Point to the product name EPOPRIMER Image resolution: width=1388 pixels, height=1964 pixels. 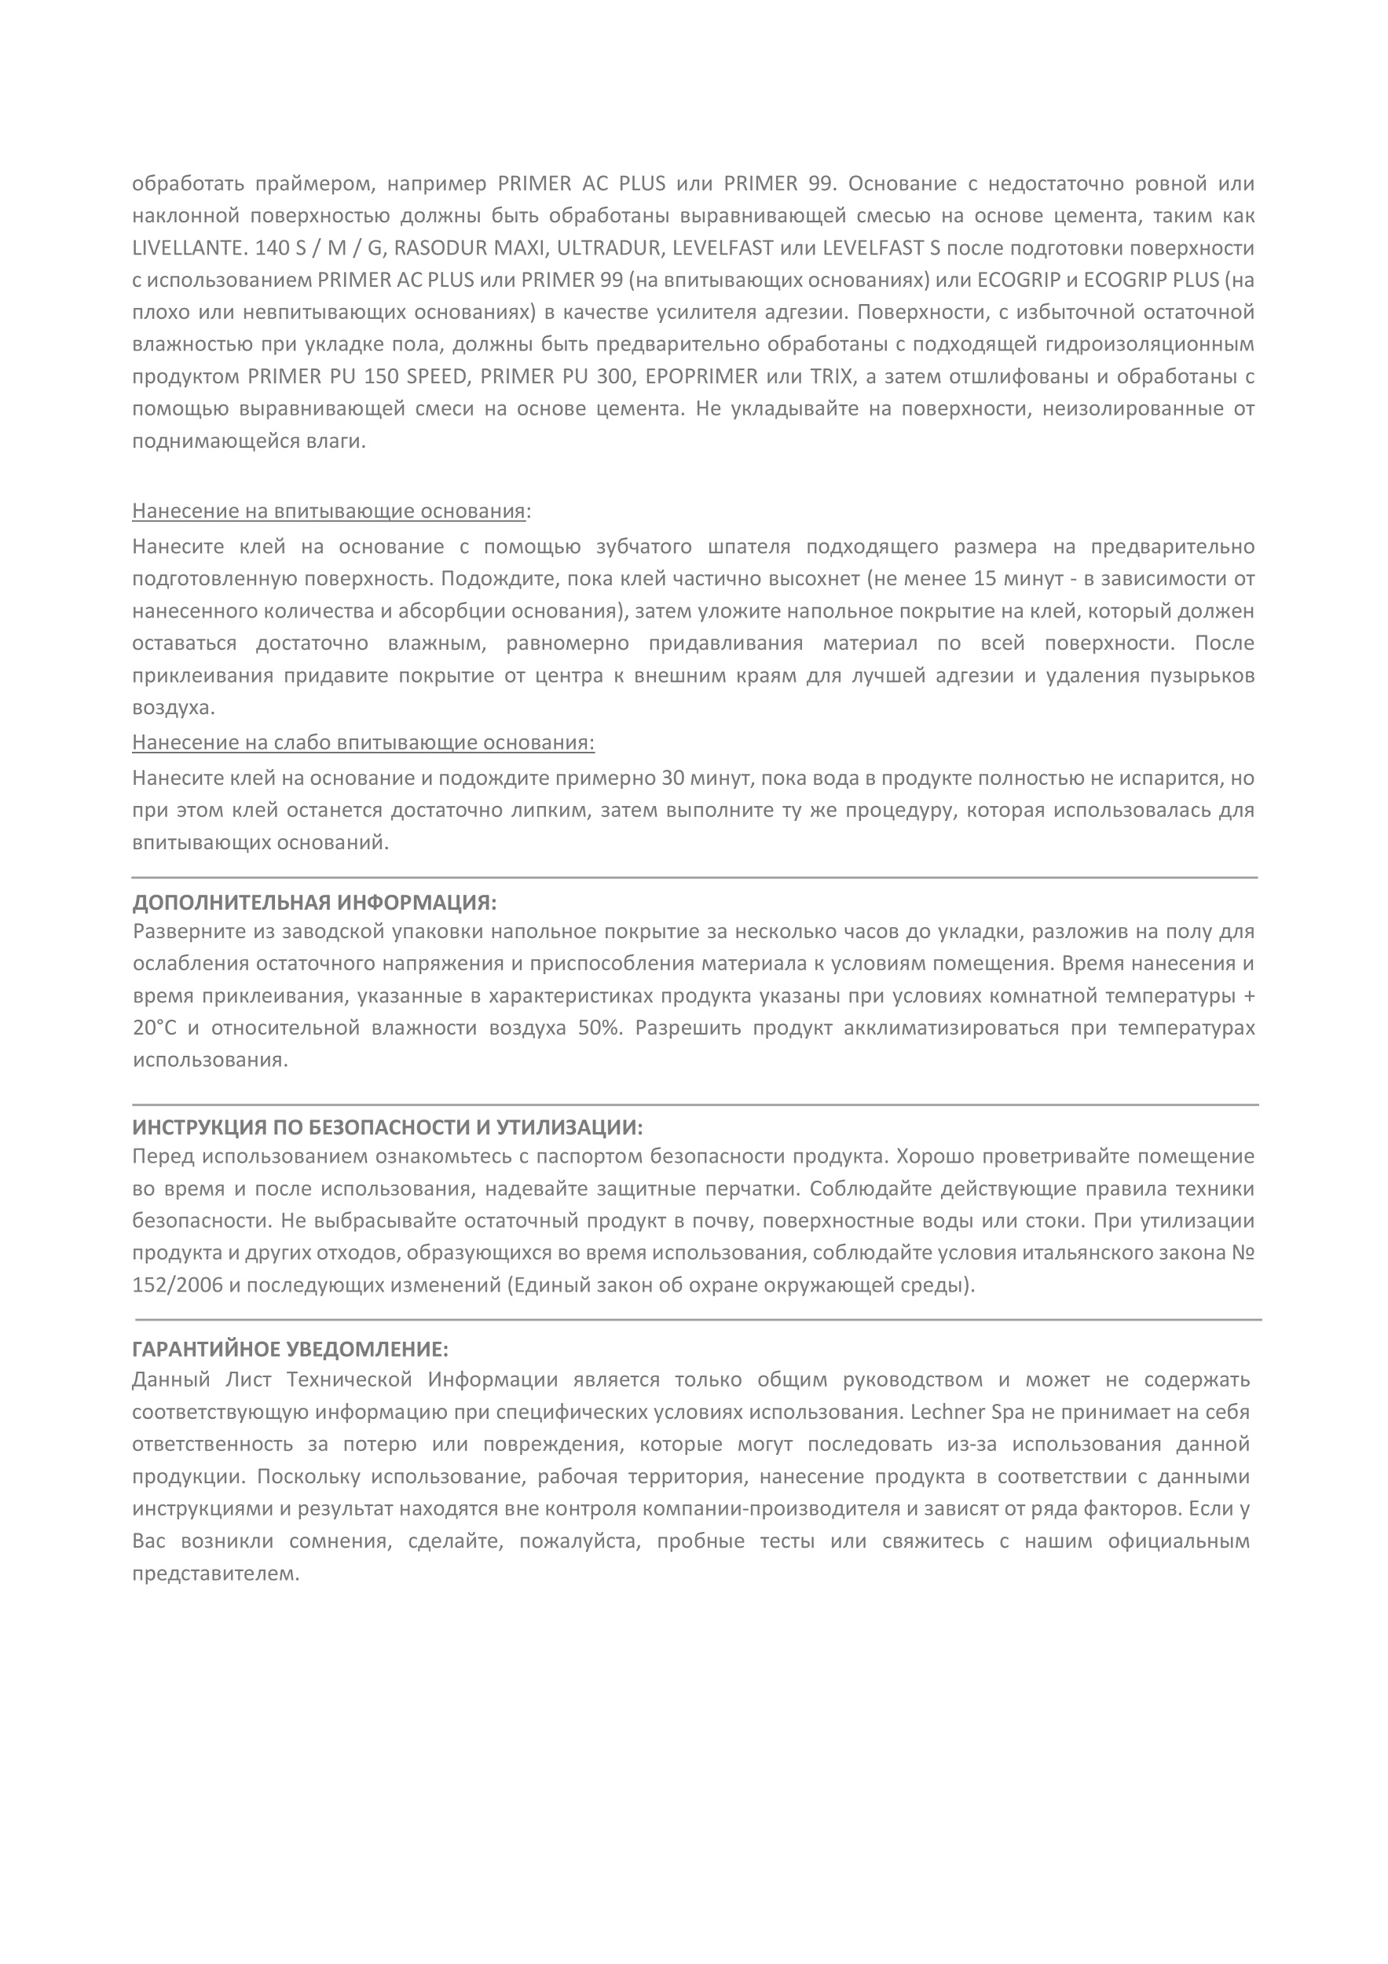click(x=702, y=376)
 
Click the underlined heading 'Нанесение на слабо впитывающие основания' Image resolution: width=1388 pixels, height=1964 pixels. click(x=363, y=742)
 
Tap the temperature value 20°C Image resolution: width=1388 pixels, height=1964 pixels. click(x=154, y=1028)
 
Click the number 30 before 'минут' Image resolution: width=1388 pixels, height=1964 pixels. click(x=674, y=779)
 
